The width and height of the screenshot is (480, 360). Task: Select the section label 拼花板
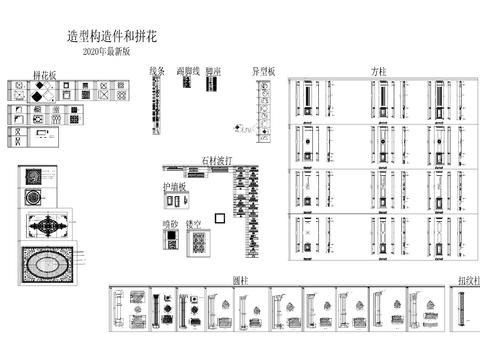coord(45,74)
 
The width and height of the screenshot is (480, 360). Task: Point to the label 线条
coord(157,71)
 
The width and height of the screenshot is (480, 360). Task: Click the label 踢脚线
coord(188,71)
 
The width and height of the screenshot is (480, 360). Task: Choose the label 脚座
coord(213,71)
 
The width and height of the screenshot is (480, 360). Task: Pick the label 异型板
coord(264,71)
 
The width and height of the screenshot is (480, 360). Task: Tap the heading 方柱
coord(378,71)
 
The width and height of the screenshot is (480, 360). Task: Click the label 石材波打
coord(217,160)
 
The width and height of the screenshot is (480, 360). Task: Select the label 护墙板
coord(175,187)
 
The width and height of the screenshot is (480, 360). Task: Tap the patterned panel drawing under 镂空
coord(199,242)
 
